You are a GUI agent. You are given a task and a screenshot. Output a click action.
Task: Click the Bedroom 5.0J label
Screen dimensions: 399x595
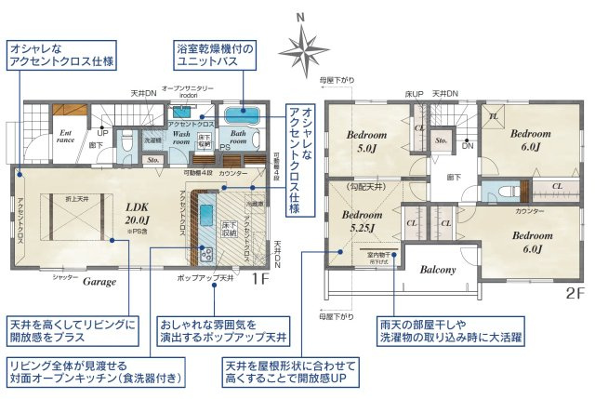pos(367,140)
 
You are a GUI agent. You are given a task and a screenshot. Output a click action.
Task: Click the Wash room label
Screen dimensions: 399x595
pos(181,140)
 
